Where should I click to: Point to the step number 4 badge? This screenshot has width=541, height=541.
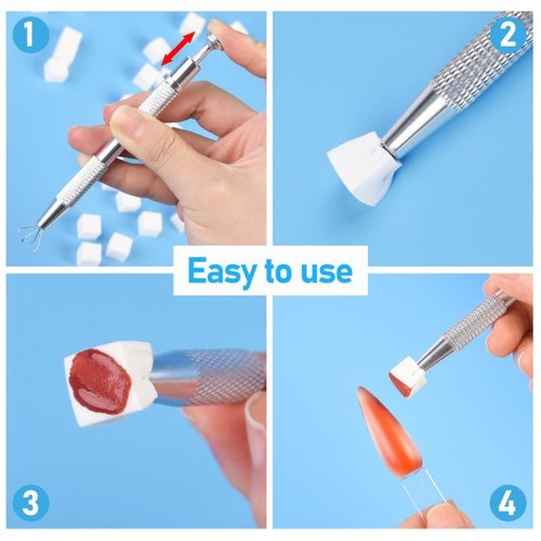(x=508, y=503)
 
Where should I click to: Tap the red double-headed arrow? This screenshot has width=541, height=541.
(x=179, y=48)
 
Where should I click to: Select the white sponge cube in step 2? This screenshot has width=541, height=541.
(x=364, y=163)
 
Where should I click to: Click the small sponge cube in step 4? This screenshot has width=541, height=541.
(x=406, y=379)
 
